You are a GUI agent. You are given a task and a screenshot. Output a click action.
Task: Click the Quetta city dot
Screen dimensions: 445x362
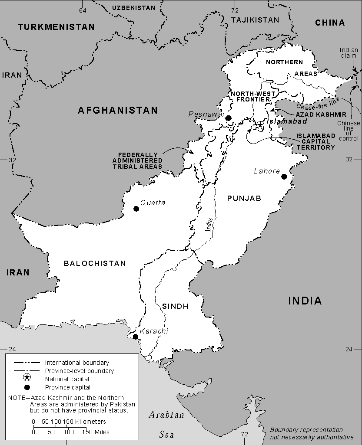coord(136,209)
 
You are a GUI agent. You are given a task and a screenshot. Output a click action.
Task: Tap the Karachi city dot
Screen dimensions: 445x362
coord(136,337)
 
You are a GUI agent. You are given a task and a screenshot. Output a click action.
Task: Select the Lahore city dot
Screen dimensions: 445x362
coord(284,177)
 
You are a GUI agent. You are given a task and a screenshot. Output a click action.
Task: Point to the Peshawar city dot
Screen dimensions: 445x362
coord(228,118)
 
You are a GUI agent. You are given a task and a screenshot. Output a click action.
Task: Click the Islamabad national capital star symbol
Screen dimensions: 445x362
coord(259,125)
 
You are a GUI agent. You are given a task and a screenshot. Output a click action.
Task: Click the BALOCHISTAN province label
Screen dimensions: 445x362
coord(95,263)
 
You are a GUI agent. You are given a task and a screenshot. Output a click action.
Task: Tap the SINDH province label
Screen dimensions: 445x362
coord(175,306)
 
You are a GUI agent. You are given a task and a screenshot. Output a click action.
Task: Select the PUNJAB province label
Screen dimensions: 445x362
coord(244,198)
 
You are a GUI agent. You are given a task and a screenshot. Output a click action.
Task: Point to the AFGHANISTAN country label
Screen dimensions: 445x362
coord(118,111)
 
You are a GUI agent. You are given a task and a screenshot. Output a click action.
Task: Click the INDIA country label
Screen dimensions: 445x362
coord(304,301)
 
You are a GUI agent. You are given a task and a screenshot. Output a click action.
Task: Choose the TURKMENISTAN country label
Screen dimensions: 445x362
coord(56,27)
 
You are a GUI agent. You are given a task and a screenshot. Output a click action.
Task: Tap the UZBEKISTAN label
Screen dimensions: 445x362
coord(133,8)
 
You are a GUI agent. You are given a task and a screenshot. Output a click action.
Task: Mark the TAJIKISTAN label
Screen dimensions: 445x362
coord(255,20)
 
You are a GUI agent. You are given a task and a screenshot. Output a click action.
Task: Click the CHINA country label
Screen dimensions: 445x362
coord(330,23)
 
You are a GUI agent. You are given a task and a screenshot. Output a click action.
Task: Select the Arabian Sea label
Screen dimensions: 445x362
coord(166,425)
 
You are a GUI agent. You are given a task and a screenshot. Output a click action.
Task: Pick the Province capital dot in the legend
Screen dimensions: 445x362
coord(27,387)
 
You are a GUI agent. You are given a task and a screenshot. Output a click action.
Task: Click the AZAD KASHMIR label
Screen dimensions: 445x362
coord(321,115)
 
